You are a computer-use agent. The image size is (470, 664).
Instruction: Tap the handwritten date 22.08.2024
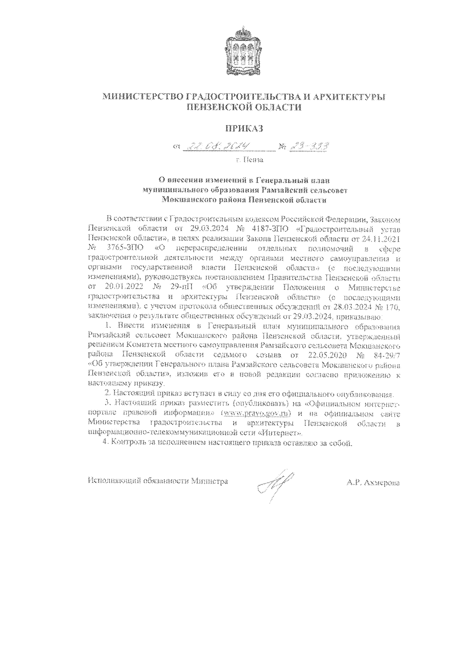tap(226, 147)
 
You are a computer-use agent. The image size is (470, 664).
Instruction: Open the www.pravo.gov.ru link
tap(257, 413)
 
